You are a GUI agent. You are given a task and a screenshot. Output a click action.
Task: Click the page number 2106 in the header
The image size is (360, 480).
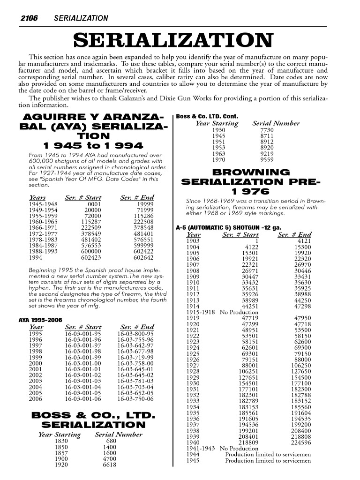click(28, 18)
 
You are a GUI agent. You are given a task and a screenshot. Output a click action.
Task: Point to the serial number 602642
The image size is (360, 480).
click(143, 257)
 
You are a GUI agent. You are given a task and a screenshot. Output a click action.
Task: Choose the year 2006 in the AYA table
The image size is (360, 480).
click(36, 399)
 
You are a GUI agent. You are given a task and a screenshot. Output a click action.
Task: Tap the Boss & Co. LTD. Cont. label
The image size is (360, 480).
click(207, 116)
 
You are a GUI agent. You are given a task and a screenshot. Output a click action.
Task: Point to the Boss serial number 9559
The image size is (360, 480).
click(267, 159)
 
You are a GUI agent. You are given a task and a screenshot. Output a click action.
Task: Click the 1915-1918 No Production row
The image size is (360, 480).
click(222, 312)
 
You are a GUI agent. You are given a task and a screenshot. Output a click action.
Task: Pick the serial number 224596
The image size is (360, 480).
click(300, 442)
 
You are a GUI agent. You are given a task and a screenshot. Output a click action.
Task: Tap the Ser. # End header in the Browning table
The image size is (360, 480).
click(294, 234)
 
